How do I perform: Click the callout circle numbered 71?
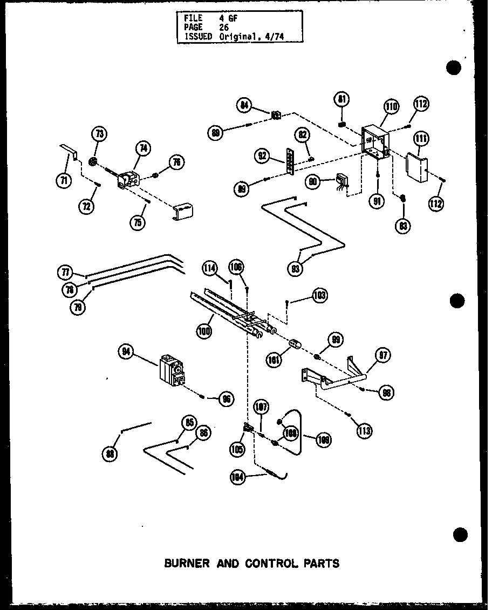(64, 181)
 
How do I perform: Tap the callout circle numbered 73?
(100, 134)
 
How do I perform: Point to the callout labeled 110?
(391, 107)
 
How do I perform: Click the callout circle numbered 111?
(422, 140)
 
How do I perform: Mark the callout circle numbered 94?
(126, 353)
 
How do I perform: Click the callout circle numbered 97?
(384, 355)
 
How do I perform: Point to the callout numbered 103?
(319, 295)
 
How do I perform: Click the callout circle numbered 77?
(65, 272)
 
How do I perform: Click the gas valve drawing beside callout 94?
(172, 372)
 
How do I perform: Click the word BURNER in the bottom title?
(187, 563)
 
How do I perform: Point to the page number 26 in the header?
(224, 26)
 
